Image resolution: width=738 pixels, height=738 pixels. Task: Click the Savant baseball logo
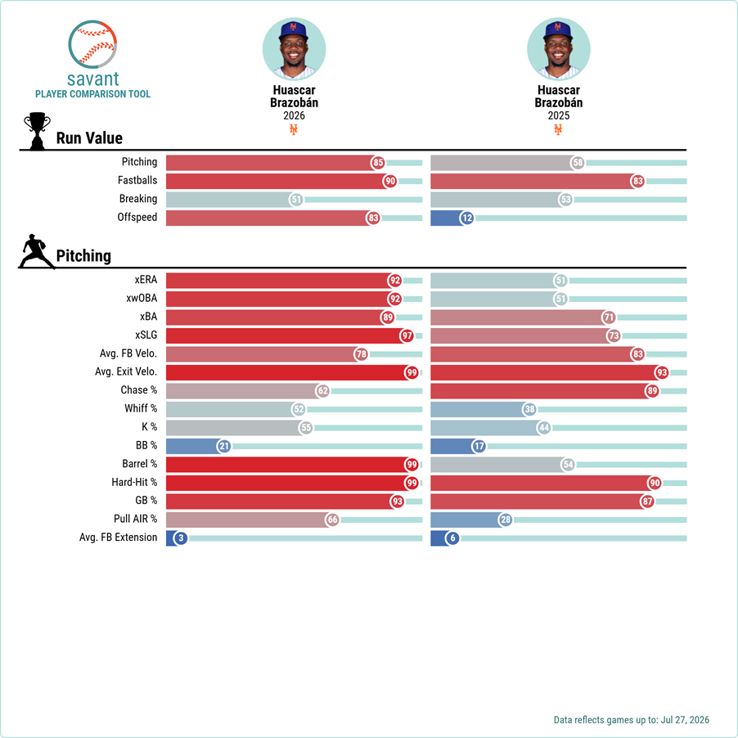(x=92, y=44)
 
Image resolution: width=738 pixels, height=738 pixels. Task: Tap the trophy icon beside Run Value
(x=37, y=131)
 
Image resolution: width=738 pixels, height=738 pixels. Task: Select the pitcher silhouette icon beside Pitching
(x=36, y=251)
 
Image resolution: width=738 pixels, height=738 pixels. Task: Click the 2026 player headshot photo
(x=295, y=49)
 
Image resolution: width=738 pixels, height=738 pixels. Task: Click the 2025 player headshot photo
(x=559, y=49)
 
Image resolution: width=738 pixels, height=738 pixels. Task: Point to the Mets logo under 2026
(x=294, y=129)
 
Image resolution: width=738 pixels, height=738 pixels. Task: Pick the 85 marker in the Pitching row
(x=378, y=163)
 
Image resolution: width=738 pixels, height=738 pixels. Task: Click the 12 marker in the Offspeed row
(x=467, y=218)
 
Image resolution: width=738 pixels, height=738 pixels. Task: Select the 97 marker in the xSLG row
(x=407, y=335)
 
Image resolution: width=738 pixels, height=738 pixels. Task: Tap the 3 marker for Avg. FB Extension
(x=181, y=538)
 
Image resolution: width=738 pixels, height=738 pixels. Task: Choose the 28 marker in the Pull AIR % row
(x=506, y=520)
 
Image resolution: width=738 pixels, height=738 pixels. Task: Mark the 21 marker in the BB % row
(x=224, y=446)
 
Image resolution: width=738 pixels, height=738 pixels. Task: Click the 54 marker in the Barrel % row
(x=568, y=465)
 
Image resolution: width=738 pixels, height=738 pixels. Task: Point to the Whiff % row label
(x=141, y=408)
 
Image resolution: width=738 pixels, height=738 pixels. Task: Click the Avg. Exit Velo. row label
(x=126, y=371)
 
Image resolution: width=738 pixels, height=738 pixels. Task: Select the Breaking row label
(x=138, y=199)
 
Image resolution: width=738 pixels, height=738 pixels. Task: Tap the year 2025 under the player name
(x=559, y=116)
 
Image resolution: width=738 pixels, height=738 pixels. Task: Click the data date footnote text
(x=631, y=720)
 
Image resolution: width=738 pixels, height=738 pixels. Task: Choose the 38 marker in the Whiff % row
(x=529, y=409)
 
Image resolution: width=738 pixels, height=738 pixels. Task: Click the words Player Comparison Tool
(x=92, y=94)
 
